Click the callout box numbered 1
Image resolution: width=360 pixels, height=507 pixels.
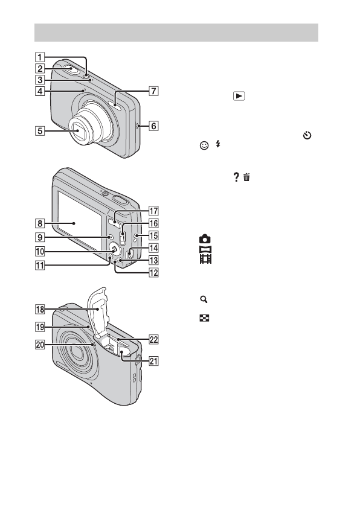click(x=40, y=57)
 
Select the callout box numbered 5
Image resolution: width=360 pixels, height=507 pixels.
click(x=40, y=131)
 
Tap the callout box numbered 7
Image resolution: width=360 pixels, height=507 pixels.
click(x=153, y=91)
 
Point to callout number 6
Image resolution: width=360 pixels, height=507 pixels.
click(x=153, y=126)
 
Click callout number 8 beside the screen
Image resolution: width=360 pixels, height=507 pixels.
click(x=40, y=223)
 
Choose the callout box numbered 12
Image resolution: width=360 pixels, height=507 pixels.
click(x=153, y=273)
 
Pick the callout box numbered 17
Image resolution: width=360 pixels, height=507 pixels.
click(x=153, y=211)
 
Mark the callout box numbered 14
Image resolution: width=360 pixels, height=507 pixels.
click(x=153, y=248)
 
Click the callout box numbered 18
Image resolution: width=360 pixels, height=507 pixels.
click(x=40, y=310)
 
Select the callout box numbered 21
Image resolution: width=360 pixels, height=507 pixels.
click(x=153, y=361)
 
